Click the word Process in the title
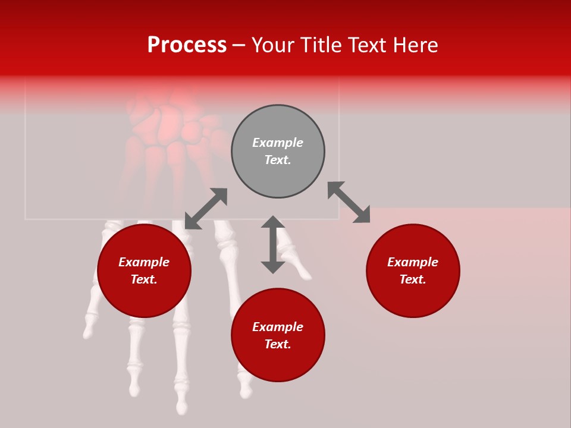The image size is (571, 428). click(x=187, y=45)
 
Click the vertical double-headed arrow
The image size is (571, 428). click(x=273, y=244)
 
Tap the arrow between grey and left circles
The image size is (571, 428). click(x=206, y=209)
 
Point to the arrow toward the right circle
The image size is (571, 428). click(x=349, y=202)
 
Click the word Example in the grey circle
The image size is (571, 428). click(x=278, y=143)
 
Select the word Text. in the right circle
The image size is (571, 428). click(x=413, y=279)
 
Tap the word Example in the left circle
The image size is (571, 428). click(x=144, y=262)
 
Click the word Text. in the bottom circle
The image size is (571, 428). click(x=278, y=344)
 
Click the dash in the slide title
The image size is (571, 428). click(x=239, y=45)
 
